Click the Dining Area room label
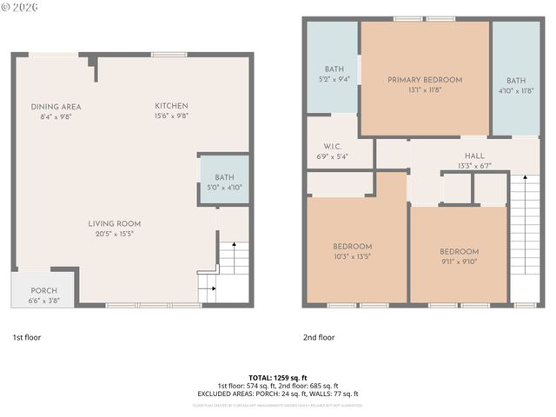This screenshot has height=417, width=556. pyautogui.click(x=56, y=107)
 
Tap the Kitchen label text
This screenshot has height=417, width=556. pyautogui.click(x=171, y=107)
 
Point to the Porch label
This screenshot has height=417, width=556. pyautogui.click(x=43, y=291)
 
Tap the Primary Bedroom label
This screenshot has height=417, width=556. pyautogui.click(x=425, y=80)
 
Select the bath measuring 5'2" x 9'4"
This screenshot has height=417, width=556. pyautogui.click(x=334, y=75)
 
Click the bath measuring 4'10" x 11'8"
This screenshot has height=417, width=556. pyautogui.click(x=516, y=84)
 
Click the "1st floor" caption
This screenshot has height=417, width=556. pyautogui.click(x=26, y=337)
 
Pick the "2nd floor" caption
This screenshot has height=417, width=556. pyautogui.click(x=319, y=337)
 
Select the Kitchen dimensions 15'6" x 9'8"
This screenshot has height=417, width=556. pyautogui.click(x=171, y=116)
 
